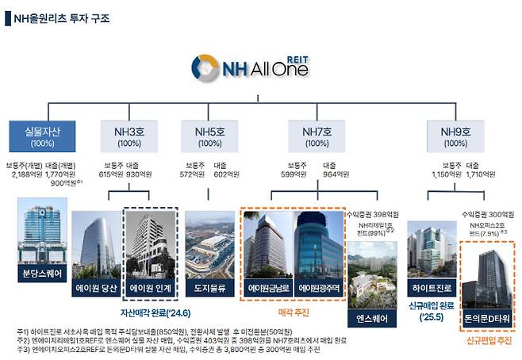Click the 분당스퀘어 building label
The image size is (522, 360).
[42, 275]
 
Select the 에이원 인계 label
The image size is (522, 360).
[151, 289]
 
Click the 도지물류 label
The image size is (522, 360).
[210, 289]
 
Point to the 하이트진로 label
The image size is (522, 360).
[429, 289]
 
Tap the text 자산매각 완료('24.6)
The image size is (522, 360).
[150, 312]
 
